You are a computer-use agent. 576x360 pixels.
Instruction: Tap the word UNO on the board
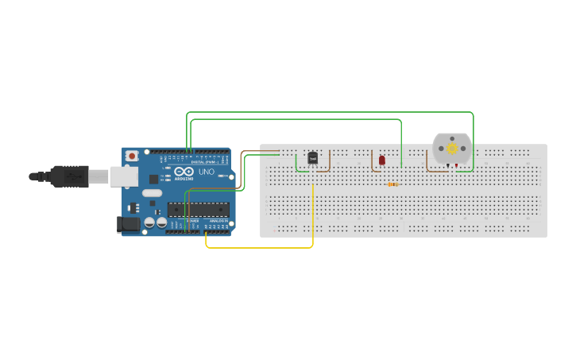(206, 172)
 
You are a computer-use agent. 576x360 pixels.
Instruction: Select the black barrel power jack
(127, 225)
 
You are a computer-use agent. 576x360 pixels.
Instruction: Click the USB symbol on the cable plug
(72, 176)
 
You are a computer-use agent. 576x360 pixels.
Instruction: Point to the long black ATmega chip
(198, 210)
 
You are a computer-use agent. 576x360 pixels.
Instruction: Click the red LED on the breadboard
(382, 161)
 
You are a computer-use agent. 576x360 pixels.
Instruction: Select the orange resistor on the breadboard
(392, 184)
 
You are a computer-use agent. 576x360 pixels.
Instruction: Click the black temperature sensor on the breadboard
(313, 159)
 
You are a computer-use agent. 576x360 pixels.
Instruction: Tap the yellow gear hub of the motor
(452, 148)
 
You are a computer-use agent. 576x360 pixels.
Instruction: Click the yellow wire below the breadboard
(259, 248)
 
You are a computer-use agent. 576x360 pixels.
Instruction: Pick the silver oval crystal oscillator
(153, 193)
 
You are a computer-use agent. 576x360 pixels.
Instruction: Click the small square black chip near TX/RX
(153, 180)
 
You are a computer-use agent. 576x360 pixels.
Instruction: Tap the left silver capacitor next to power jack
(149, 224)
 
